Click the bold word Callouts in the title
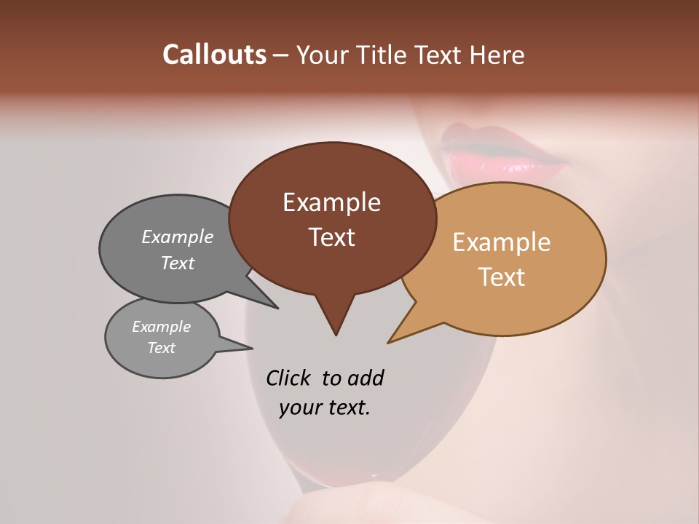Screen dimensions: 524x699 coord(214,55)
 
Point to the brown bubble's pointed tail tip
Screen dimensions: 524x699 coord(336,335)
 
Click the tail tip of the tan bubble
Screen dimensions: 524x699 coord(389,342)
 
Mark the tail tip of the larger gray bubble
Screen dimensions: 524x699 coord(277,308)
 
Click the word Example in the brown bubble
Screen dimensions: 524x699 coord(331,202)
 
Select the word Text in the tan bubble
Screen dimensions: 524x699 coord(502,277)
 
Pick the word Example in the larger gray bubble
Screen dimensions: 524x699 coord(178,237)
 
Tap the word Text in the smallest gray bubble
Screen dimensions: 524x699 coord(162,348)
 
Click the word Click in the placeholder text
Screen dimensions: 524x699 coord(290,378)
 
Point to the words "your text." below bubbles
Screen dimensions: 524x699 coord(325,408)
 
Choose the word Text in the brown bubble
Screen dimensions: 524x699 coord(331,237)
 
